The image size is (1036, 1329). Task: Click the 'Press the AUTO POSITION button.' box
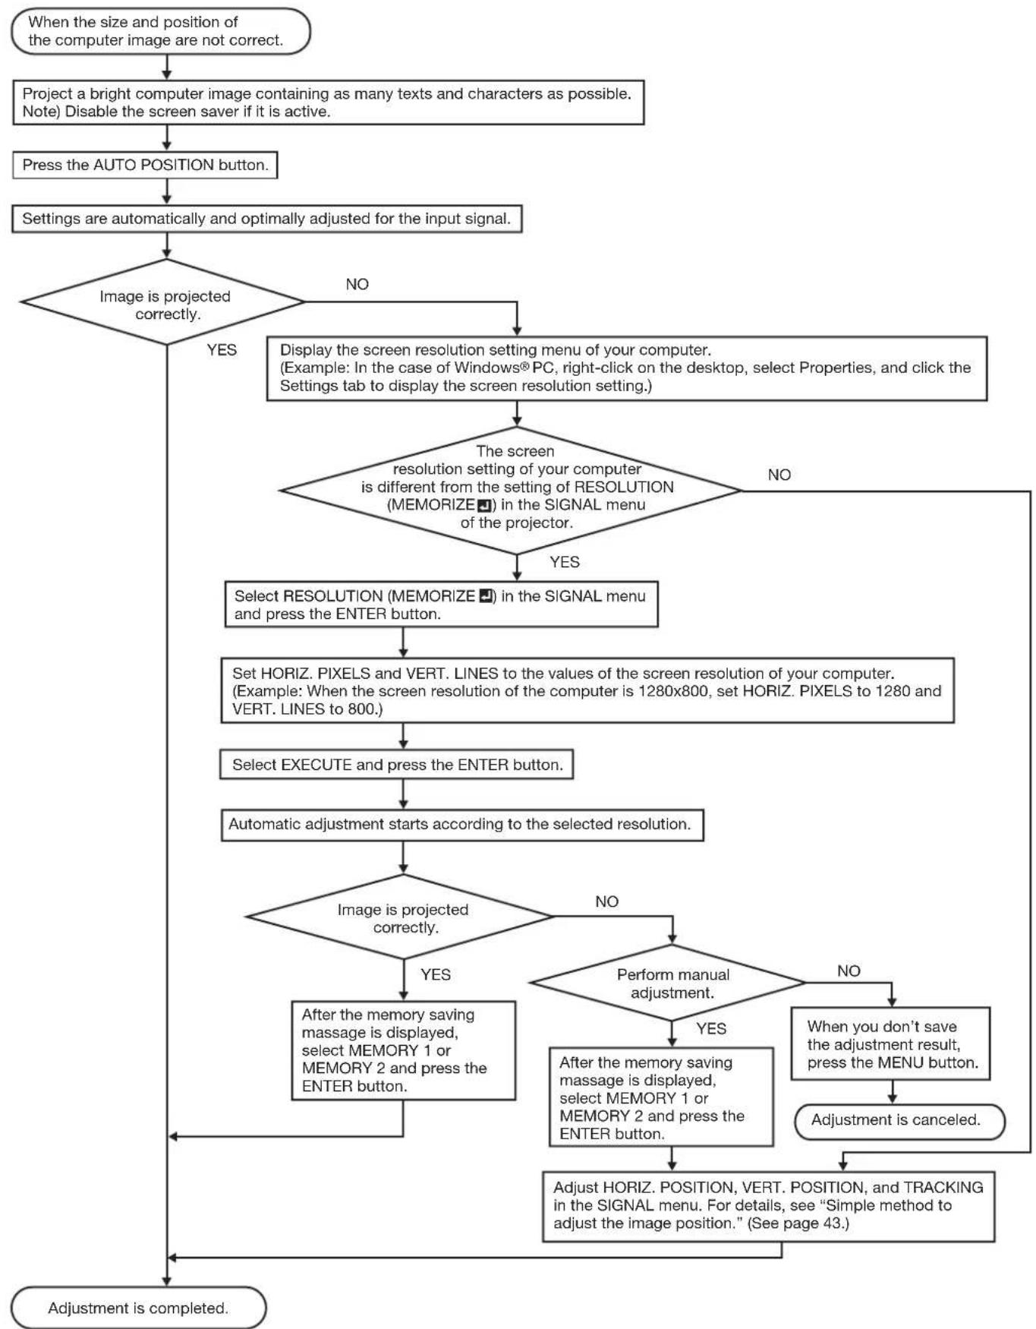coord(145,165)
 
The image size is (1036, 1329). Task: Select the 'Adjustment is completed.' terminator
coord(139,1308)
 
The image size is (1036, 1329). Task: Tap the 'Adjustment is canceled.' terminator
coord(899,1121)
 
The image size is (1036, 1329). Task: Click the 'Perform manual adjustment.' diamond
coord(669,983)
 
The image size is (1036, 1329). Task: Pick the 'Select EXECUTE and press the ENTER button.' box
coord(397,765)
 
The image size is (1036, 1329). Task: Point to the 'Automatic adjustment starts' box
coord(462,825)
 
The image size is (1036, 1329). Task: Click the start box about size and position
coord(161,31)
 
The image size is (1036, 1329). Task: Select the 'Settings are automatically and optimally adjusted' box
coord(267,219)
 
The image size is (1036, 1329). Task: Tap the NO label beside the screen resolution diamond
coord(779,475)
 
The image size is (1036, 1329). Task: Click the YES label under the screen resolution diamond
coord(565,562)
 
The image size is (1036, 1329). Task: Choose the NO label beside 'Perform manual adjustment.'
coord(849,971)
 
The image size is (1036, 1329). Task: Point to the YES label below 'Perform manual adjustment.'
coord(711,1028)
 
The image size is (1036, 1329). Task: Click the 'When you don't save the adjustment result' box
coord(891,1043)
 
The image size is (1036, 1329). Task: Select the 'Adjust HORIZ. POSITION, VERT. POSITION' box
coord(769,1206)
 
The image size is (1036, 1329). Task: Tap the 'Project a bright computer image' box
coord(329,103)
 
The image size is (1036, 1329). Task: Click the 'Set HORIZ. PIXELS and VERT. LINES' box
coord(587,690)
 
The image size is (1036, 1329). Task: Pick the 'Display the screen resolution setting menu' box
coord(627,368)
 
